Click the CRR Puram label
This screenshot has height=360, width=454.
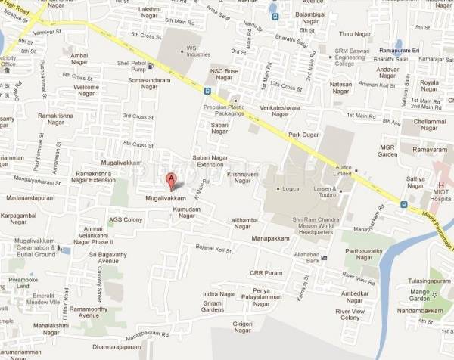pyautogui.click(x=264, y=273)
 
